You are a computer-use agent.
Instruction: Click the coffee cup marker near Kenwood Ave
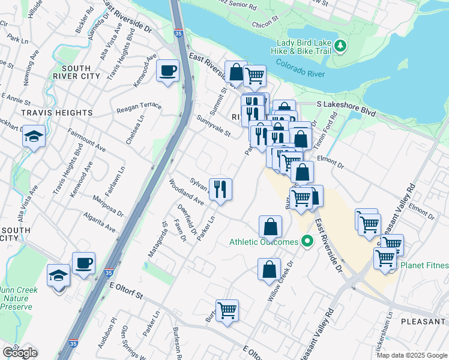coord(167,71)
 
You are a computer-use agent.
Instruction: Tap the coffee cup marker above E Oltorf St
coord(83,263)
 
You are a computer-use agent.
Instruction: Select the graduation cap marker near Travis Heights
coord(34,137)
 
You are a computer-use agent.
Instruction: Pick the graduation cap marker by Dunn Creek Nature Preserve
coord(59,275)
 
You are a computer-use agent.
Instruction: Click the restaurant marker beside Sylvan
coord(220,190)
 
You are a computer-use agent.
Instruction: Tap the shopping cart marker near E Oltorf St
coord(227,311)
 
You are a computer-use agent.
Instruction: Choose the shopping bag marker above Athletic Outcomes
coord(270,227)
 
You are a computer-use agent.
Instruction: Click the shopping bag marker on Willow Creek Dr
coord(269,269)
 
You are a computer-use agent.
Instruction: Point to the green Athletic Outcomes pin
coord(307,242)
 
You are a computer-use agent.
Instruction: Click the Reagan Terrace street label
coord(139,106)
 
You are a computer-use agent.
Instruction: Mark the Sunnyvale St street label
coord(214,125)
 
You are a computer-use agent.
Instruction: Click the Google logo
coord(19,353)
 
